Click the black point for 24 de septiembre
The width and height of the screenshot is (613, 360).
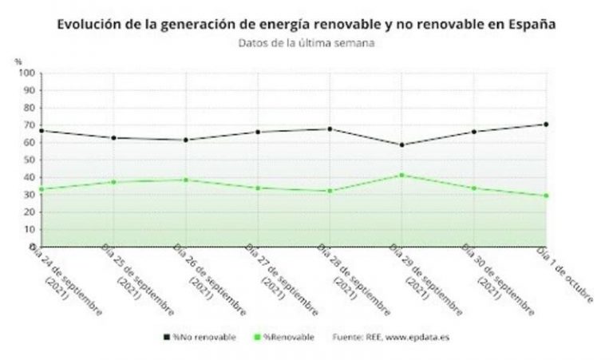coord(40,130)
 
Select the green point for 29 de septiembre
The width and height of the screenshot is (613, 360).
coord(401,175)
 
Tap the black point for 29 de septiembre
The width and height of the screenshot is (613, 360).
coord(401,144)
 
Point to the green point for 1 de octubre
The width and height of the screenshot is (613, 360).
coord(546,196)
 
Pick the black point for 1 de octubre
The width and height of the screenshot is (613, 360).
coord(546,124)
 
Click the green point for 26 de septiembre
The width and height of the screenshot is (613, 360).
coord(185,180)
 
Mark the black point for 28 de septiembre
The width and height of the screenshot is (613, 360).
coord(330,129)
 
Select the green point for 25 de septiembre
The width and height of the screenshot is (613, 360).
coord(113,182)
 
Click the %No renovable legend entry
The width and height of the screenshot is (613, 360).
coord(200,338)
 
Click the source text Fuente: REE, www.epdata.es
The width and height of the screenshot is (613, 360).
coord(391,338)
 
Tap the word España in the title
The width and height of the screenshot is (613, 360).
coord(528,25)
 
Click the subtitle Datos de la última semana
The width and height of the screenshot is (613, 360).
coord(306,43)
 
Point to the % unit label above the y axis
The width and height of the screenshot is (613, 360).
coord(18,61)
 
